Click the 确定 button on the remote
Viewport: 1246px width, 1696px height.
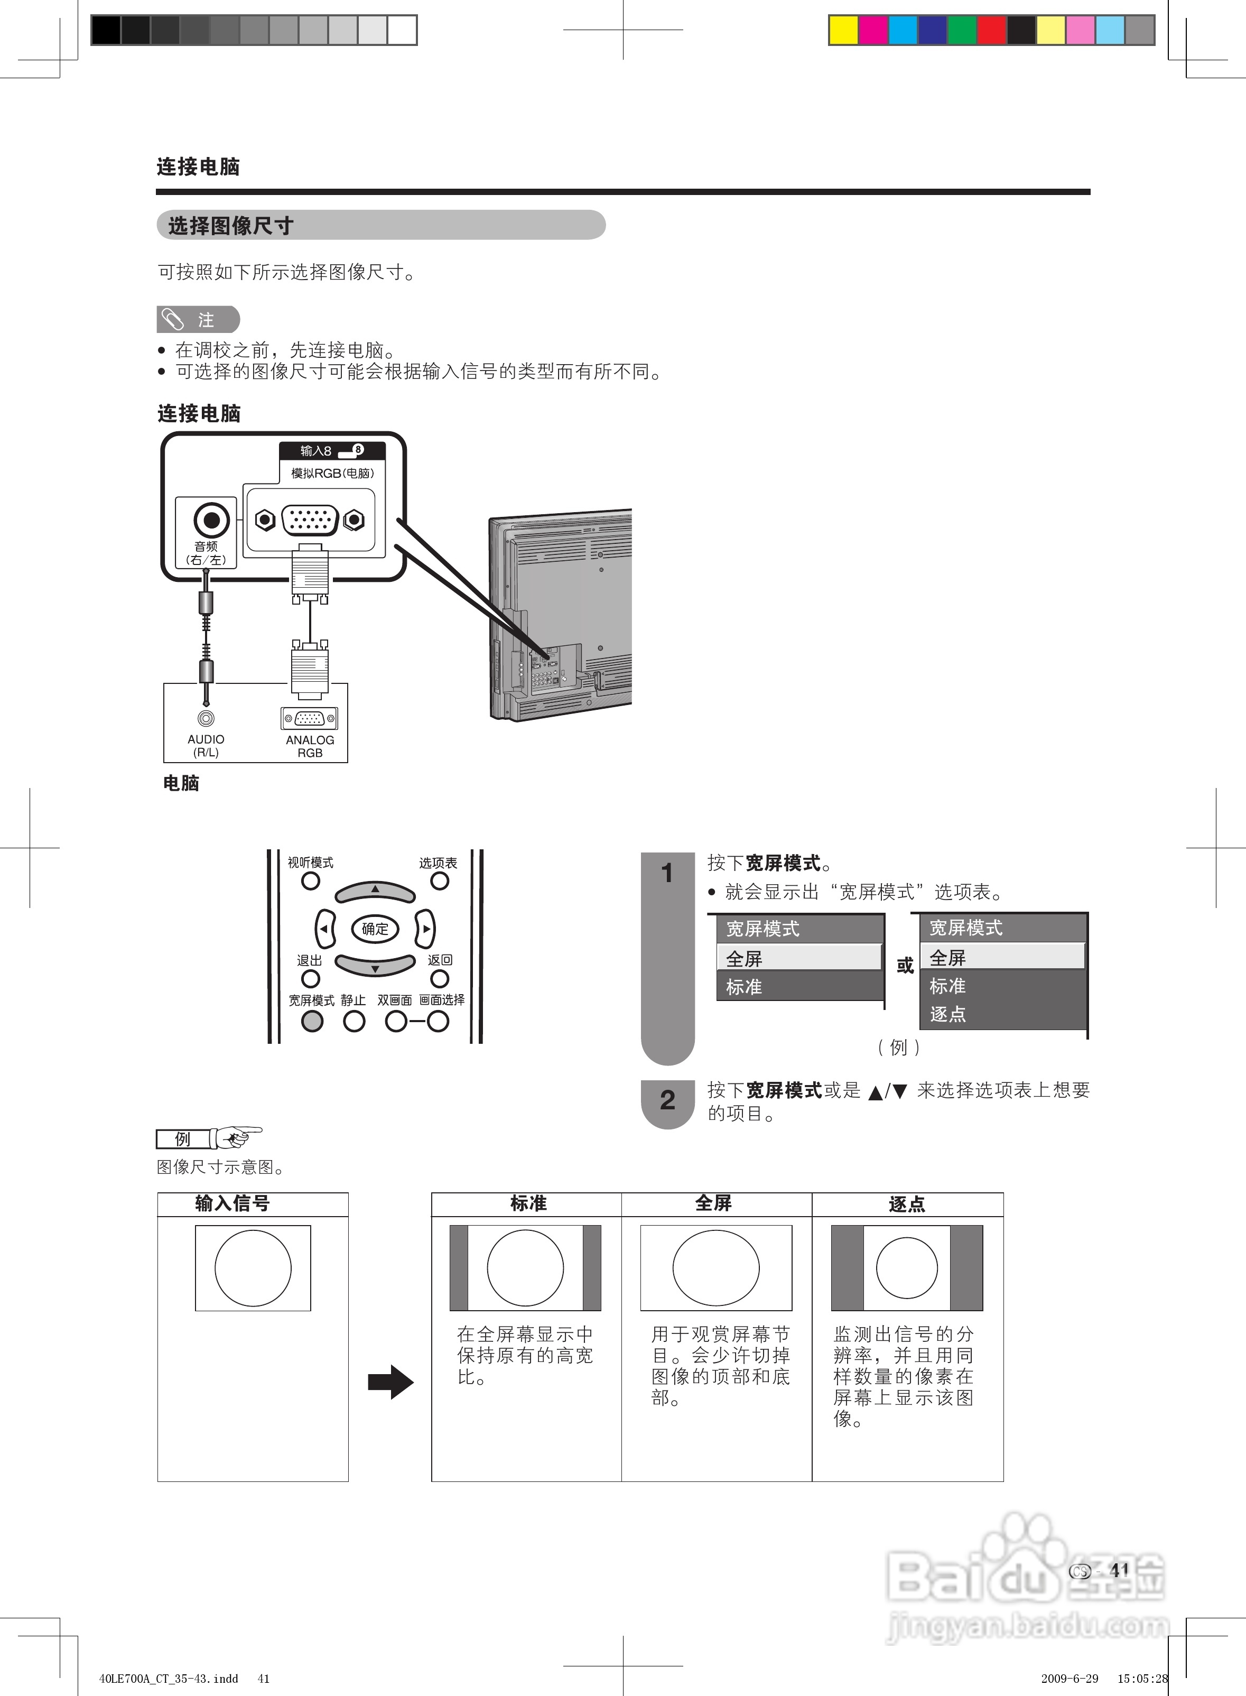375,929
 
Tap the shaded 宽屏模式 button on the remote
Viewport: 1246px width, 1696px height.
312,1021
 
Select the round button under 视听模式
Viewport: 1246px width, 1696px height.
310,881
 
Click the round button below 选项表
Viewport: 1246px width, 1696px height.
439,881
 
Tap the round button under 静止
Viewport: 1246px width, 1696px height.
354,1021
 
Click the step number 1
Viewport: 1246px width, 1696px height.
667,873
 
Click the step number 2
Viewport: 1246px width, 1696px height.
667,1101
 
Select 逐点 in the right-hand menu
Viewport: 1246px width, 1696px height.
948,1014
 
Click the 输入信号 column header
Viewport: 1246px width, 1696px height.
233,1203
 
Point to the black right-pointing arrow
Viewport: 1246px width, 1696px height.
390,1383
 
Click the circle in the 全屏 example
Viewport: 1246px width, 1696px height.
716,1268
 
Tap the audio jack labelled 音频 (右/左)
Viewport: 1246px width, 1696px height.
211,520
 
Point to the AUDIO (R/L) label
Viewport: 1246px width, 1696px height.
206,745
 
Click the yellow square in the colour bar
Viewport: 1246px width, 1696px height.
843,30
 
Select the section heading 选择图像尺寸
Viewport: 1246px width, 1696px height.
231,226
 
